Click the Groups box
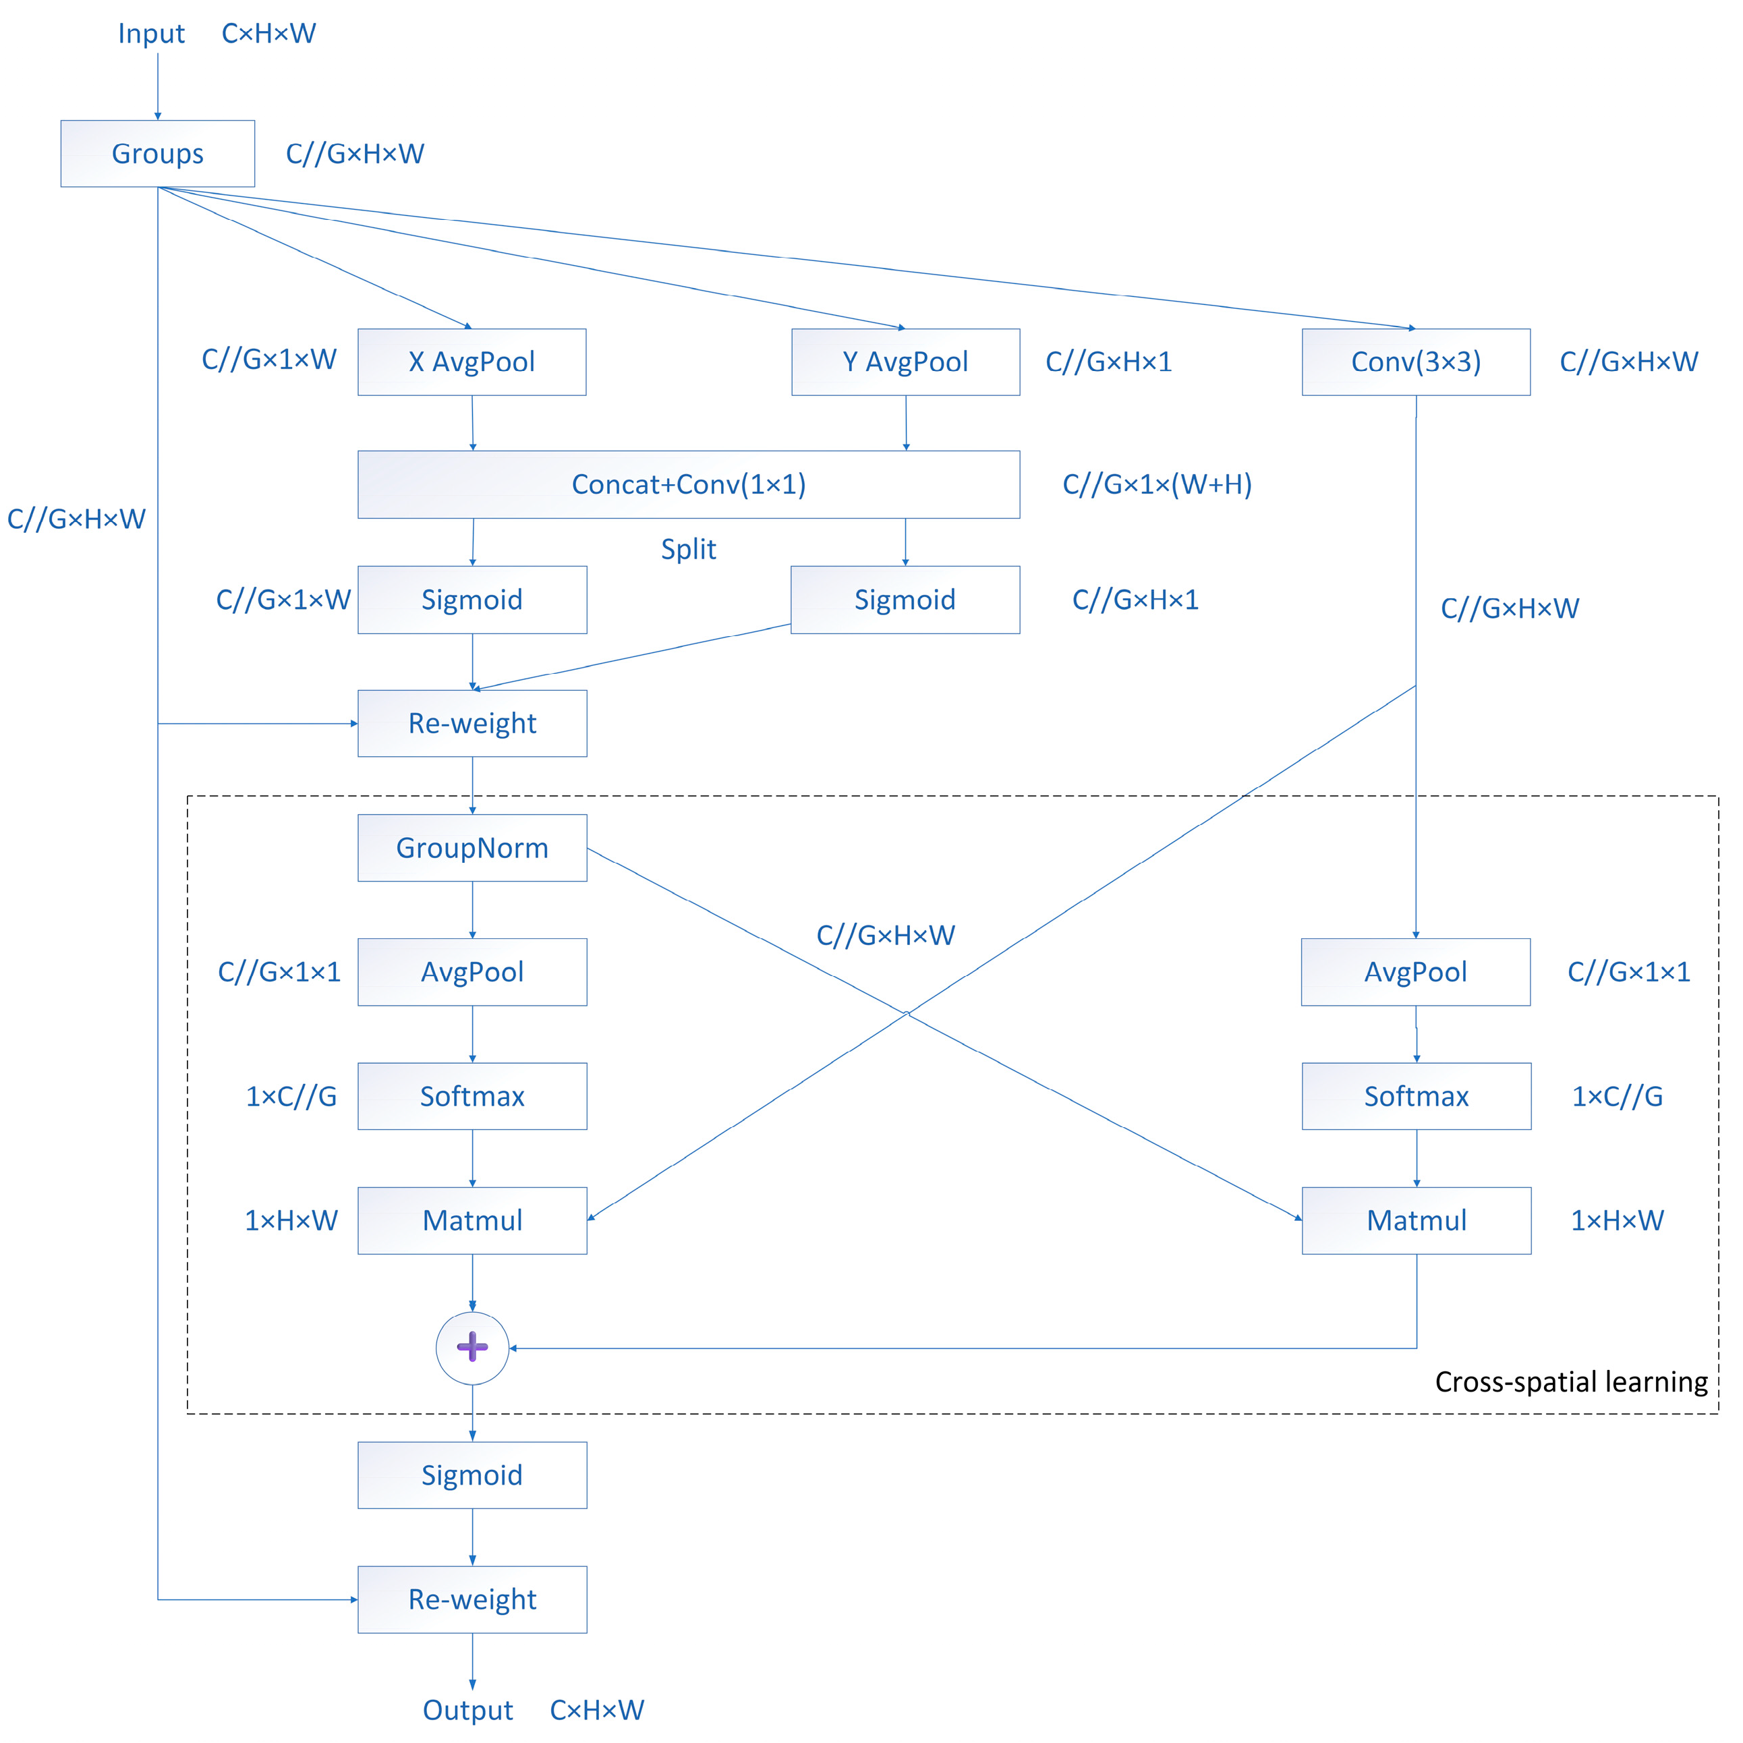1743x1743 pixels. click(157, 153)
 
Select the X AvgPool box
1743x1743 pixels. click(472, 362)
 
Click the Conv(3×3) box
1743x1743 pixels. click(1415, 362)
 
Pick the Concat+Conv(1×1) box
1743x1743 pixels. click(688, 484)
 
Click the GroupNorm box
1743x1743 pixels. click(472, 848)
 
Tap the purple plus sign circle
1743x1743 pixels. click(472, 1348)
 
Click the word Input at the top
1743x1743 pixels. click(150, 33)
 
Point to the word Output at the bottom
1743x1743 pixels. click(467, 1710)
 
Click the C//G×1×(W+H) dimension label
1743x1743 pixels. click(1157, 484)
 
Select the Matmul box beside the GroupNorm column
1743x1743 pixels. click(472, 1221)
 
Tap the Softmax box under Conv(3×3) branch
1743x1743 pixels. click(1415, 1096)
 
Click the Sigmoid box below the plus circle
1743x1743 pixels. click(472, 1475)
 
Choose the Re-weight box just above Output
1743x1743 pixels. click(472, 1599)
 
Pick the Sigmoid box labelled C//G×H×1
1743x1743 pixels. click(905, 600)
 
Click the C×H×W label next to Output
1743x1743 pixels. click(596, 1710)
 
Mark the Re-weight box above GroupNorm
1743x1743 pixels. click(472, 724)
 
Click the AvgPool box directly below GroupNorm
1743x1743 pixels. click(472, 971)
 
